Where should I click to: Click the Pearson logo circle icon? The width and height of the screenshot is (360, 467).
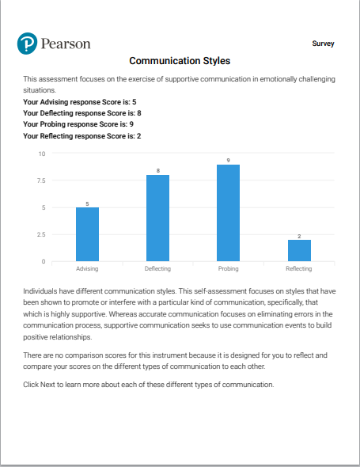(27, 44)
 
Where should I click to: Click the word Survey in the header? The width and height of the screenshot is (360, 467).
(323, 44)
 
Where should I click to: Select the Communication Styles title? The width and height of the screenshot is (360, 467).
(180, 61)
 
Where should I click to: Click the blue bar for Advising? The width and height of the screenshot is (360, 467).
(87, 234)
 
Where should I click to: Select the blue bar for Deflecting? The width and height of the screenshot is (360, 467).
(157, 218)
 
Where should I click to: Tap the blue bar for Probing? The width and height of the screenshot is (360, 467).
(228, 213)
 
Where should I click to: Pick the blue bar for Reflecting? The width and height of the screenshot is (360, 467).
(299, 250)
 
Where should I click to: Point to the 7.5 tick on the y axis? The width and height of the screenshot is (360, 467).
(41, 180)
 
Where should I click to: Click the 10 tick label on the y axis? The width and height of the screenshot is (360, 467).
(42, 154)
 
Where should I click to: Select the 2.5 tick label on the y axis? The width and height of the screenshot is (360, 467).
(41, 235)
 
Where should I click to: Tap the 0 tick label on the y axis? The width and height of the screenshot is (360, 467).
(44, 261)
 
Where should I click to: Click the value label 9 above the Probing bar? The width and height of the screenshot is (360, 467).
(228, 160)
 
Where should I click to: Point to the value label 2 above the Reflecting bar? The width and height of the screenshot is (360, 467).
(299, 236)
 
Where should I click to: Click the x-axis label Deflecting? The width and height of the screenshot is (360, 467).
(157, 268)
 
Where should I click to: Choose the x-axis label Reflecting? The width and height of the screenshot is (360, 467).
(299, 268)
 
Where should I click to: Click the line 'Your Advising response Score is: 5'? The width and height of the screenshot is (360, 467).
(80, 102)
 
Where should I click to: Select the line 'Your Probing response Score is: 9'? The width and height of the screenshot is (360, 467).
(78, 124)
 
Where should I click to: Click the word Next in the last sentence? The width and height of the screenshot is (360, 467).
(47, 385)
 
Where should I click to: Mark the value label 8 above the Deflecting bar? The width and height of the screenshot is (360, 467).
(158, 171)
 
